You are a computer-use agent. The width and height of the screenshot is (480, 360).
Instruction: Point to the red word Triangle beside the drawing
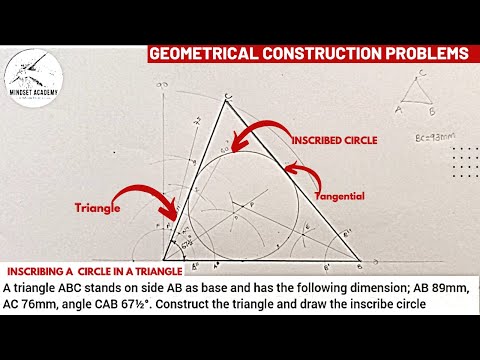[97, 209]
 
